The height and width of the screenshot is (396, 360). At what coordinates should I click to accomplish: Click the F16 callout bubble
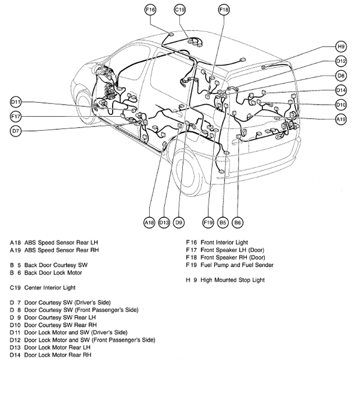(150, 10)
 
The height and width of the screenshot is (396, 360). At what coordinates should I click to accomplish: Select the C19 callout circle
(180, 10)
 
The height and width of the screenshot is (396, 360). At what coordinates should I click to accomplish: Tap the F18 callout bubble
(224, 10)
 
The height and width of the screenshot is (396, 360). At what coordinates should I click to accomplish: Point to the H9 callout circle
(341, 47)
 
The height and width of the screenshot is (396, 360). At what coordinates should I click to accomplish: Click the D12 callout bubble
(341, 62)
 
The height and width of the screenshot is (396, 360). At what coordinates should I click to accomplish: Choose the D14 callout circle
(341, 90)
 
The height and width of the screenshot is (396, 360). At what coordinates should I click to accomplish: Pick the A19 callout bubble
(341, 118)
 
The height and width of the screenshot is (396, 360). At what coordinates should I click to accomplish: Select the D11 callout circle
(16, 102)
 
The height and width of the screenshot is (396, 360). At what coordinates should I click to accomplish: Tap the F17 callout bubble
(16, 117)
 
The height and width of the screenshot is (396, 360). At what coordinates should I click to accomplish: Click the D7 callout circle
(16, 131)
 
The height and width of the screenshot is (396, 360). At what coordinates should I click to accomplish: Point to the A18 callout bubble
(149, 222)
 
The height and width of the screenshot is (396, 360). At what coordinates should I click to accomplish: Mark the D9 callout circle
(179, 222)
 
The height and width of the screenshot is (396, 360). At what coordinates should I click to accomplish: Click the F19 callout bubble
(208, 222)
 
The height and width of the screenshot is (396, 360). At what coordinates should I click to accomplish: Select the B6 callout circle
(237, 222)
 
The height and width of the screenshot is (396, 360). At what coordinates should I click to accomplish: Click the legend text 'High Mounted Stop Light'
(232, 280)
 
